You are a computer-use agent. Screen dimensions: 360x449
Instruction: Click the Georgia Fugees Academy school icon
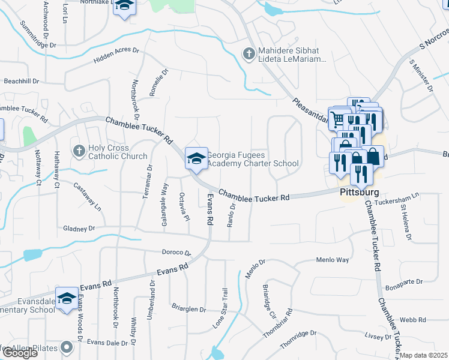coord(196,159)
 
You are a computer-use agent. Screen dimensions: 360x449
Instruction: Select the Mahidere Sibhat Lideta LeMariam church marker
coord(247,53)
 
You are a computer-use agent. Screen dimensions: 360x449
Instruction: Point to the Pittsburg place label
coord(360,192)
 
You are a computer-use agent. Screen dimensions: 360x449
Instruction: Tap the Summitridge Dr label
coord(37,35)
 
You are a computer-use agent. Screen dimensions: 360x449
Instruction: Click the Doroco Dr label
coord(175,253)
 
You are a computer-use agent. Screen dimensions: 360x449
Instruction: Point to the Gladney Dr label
coord(79,228)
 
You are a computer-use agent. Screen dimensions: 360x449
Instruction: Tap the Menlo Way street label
coord(333,260)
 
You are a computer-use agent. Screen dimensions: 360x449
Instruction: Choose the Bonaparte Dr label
coord(405,281)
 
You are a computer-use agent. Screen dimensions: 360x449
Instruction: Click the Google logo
coord(20,353)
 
